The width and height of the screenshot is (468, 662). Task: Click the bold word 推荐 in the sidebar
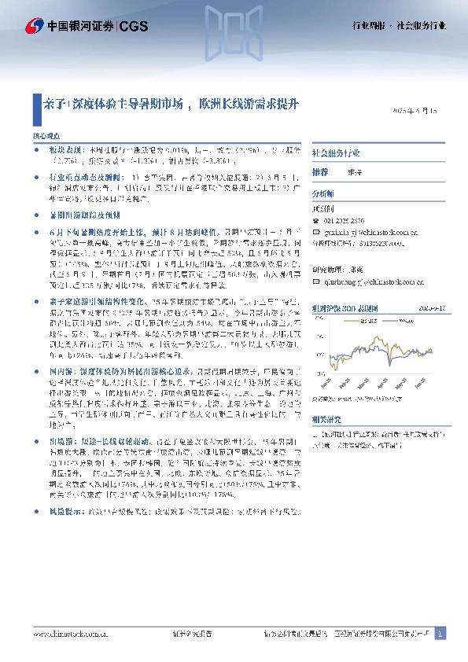[x=321, y=171]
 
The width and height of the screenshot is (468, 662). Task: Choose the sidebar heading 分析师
[x=323, y=193]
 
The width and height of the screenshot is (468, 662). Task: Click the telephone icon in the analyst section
[x=316, y=223]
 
